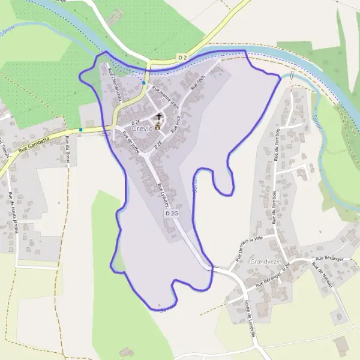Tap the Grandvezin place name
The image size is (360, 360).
coord(265,262)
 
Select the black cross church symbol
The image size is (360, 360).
coord(159,116)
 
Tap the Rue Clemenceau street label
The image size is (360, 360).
coord(115,85)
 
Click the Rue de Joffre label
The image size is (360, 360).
coord(131,143)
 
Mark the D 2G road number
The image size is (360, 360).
coord(172,213)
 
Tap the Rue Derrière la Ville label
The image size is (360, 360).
coord(250,247)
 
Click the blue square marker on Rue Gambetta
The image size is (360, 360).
coord(81,129)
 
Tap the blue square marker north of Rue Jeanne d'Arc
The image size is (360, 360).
coord(145,82)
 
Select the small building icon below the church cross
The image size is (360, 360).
coord(158,126)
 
